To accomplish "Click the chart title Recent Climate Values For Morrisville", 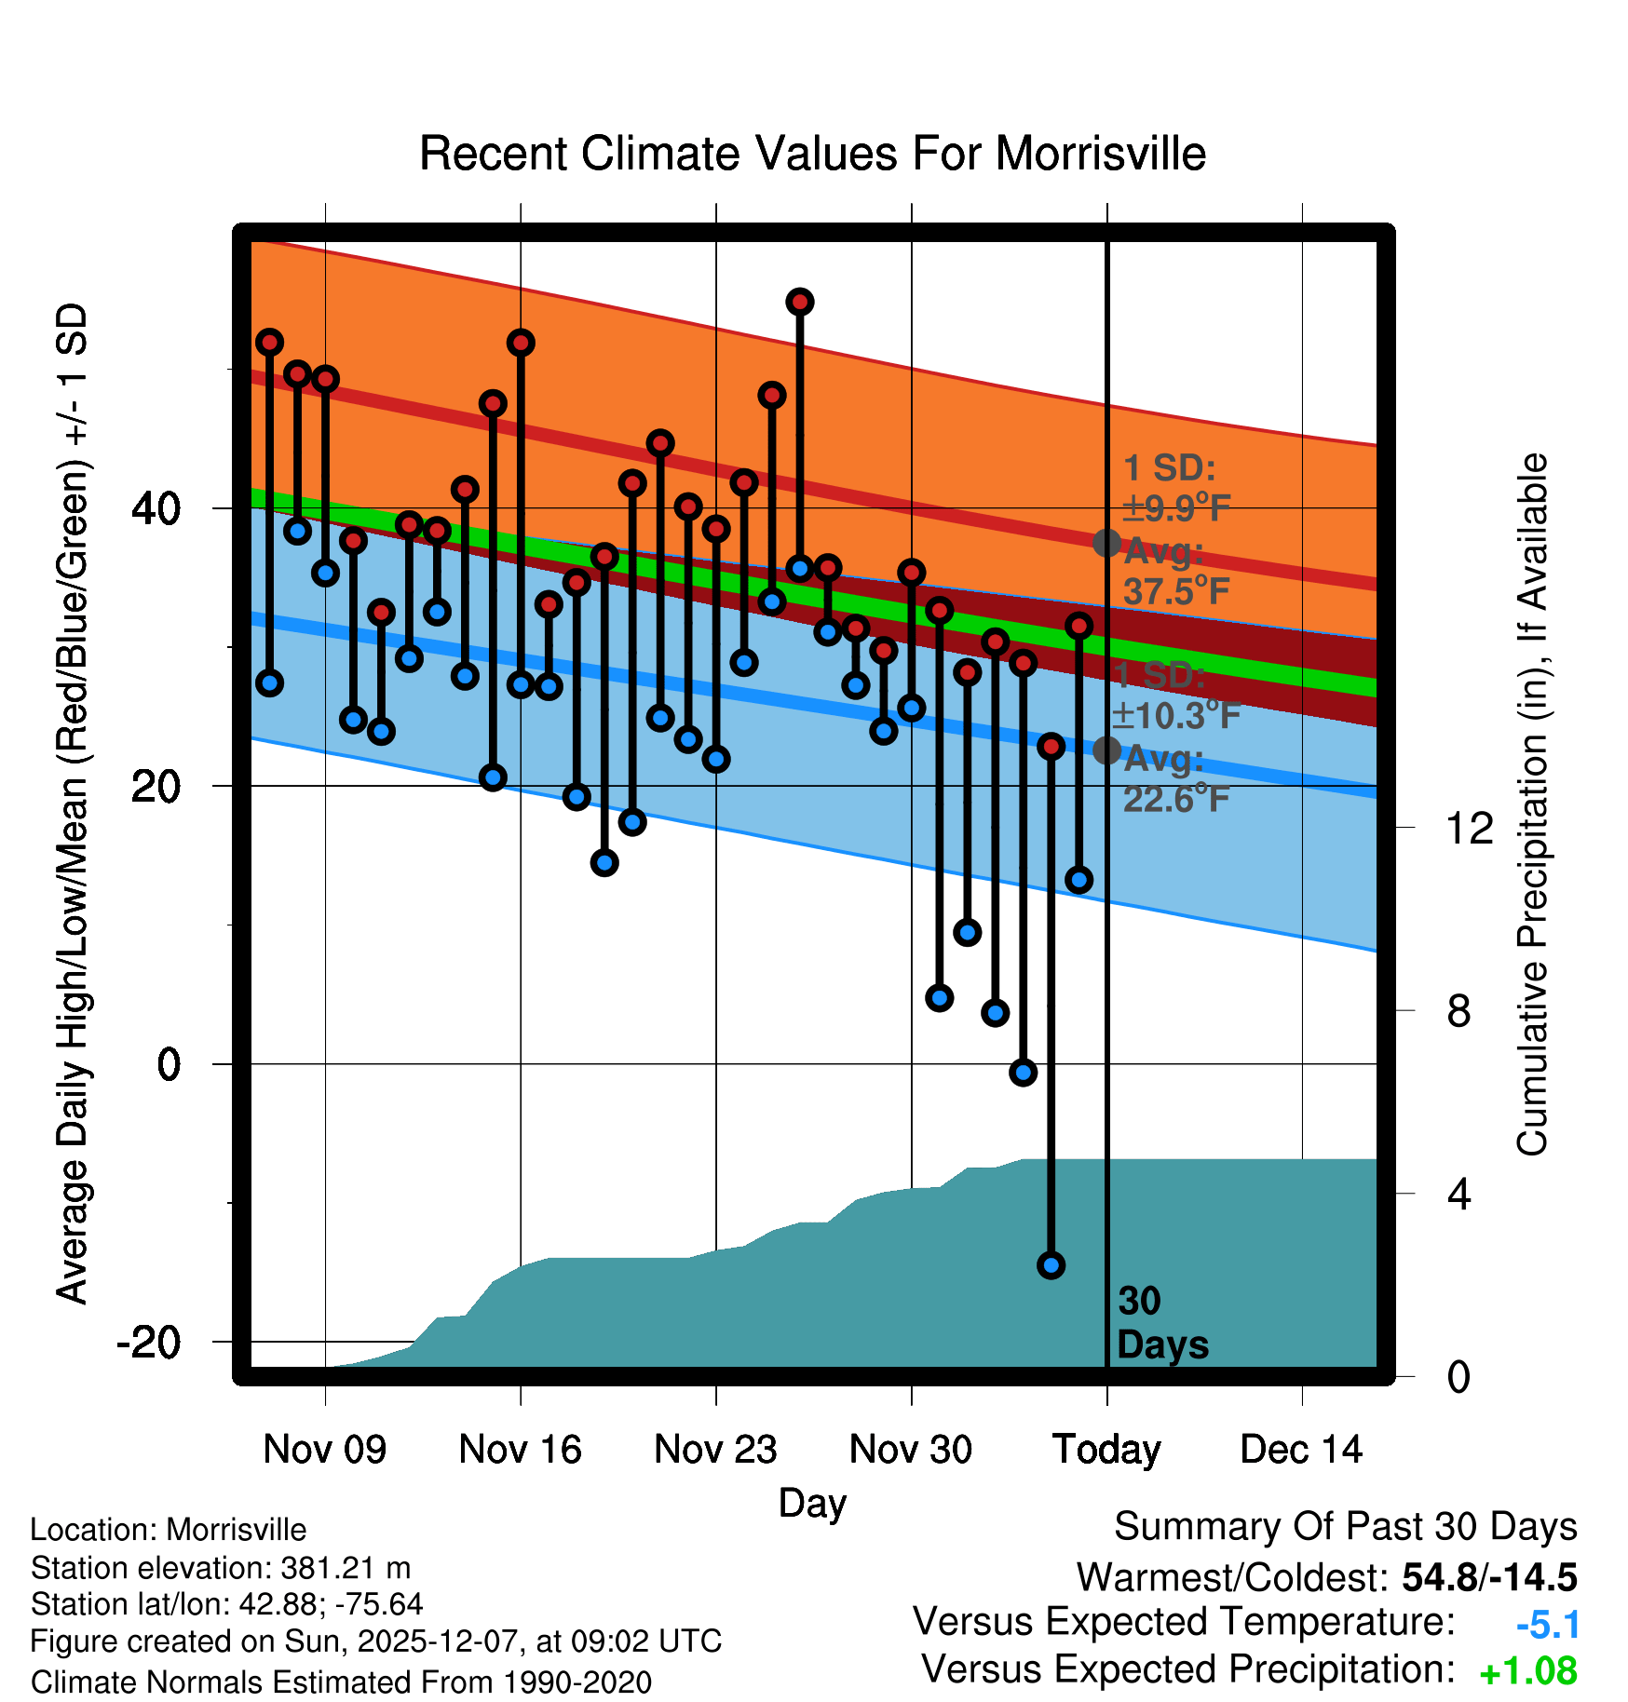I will coord(812,154).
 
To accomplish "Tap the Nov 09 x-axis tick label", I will coord(324,1450).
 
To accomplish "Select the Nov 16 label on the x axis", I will coord(520,1450).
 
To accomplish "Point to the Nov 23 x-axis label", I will coord(715,1450).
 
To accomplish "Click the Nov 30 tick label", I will coord(911,1450).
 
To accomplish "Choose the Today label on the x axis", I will coord(1106,1450).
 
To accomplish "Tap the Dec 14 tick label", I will coord(1301,1450).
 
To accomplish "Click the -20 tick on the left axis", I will coord(148,1343).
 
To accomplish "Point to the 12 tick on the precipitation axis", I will coord(1470,828).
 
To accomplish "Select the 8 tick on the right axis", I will coord(1459,1011).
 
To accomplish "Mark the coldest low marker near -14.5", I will coord(1051,1265).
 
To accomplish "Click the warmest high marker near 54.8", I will coord(800,302).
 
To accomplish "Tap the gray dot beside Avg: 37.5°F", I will coord(1106,543).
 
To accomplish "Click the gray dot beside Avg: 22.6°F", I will coord(1106,750).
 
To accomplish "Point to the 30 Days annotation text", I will coord(1161,1323).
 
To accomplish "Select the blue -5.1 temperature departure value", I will coord(1548,1626).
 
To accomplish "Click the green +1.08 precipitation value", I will coord(1528,1672).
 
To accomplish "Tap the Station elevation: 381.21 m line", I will coord(221,1568).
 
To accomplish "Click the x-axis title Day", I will coord(812,1503).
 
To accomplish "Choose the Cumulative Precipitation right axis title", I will coord(1532,805).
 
